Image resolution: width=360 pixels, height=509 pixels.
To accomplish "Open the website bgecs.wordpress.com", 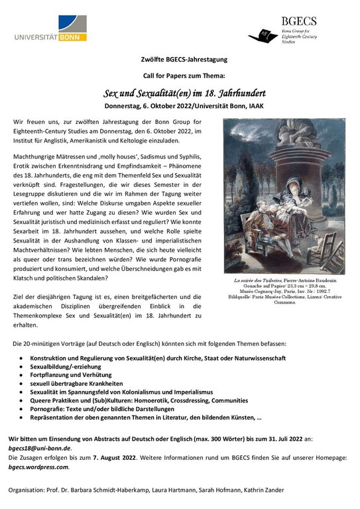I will pyautogui.click(x=43, y=467).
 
